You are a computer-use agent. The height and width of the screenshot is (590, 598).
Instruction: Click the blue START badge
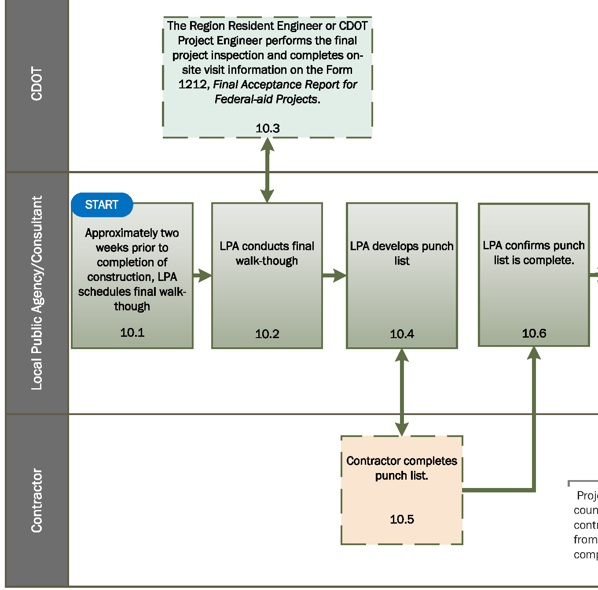102,205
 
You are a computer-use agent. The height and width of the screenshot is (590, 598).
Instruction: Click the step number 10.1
132,332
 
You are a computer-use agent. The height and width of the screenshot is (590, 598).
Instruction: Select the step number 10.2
267,334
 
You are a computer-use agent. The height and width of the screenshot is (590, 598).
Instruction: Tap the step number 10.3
268,128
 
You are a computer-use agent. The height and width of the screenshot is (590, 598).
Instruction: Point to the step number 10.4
402,334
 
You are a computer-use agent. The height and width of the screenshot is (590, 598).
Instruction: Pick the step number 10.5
402,519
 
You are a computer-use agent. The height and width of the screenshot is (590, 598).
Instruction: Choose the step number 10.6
534,333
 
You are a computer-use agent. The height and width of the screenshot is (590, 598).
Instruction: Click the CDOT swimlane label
37,84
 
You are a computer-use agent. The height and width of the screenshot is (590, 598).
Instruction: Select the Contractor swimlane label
37,500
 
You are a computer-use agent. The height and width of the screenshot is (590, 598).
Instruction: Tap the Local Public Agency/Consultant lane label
37,293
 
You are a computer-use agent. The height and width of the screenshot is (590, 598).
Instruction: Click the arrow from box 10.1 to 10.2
202,276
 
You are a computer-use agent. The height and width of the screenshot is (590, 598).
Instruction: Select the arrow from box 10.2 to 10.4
334,276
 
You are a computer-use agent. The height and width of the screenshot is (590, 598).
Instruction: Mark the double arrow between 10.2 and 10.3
267,170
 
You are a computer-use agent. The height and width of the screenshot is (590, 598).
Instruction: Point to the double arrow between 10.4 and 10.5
402,392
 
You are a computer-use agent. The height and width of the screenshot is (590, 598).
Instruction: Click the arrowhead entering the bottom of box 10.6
534,353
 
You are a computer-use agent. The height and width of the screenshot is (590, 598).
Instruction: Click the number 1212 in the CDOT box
192,84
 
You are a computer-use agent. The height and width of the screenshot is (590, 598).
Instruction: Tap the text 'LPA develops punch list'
402,253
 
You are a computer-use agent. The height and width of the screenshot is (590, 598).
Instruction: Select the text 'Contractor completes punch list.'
402,468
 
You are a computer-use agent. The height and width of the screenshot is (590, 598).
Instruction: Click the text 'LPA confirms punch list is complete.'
534,253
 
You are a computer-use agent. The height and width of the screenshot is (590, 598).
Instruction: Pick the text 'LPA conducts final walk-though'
267,253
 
